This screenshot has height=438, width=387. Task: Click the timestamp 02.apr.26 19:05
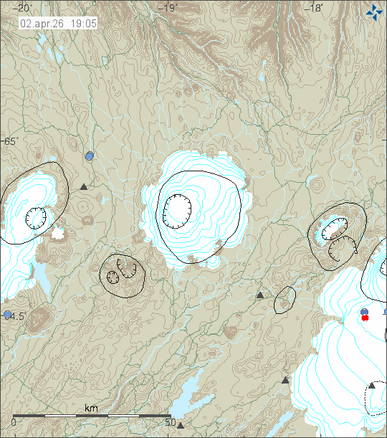click(58, 23)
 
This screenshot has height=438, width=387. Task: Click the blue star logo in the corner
click(374, 11)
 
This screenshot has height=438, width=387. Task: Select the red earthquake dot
click(365, 318)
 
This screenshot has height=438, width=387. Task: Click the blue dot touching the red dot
click(364, 312)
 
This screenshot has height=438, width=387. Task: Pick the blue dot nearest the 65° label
click(90, 156)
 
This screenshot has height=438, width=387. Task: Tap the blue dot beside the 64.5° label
click(7, 315)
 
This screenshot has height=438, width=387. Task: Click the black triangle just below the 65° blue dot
click(84, 187)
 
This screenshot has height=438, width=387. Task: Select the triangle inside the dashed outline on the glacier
click(372, 386)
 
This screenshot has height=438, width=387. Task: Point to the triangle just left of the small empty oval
click(260, 295)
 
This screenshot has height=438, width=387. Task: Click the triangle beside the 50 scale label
click(181, 425)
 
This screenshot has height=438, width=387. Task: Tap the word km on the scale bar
click(91, 408)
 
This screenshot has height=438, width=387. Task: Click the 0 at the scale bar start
click(14, 422)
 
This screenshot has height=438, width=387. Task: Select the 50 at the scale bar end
click(170, 422)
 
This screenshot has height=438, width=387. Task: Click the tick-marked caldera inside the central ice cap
click(176, 209)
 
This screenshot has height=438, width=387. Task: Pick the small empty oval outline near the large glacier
click(285, 300)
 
